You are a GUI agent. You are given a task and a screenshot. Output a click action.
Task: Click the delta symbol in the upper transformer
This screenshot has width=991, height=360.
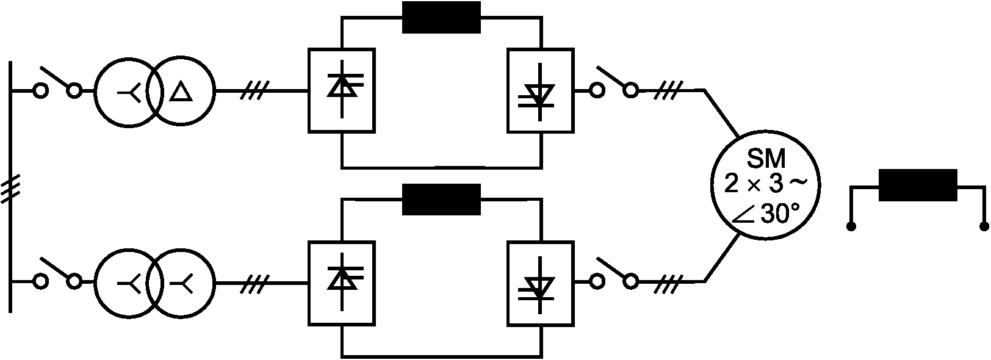click(x=180, y=92)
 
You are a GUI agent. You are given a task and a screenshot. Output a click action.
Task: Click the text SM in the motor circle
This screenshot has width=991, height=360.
click(x=766, y=160)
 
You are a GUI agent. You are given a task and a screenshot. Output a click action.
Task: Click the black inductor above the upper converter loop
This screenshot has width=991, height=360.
click(x=441, y=17)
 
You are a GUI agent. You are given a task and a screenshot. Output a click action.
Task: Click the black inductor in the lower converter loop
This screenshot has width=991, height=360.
click(x=441, y=200)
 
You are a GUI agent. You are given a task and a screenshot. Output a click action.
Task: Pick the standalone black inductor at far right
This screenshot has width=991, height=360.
click(x=917, y=185)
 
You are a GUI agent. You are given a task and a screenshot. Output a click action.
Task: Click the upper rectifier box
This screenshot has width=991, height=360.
click(x=342, y=90)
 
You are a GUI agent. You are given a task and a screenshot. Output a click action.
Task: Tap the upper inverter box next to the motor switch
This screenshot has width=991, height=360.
click(x=540, y=90)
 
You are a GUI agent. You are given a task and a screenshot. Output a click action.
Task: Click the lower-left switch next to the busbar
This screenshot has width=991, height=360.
click(x=57, y=274)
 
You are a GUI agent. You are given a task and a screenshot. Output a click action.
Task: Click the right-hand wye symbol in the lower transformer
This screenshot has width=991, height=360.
click(x=181, y=282)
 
